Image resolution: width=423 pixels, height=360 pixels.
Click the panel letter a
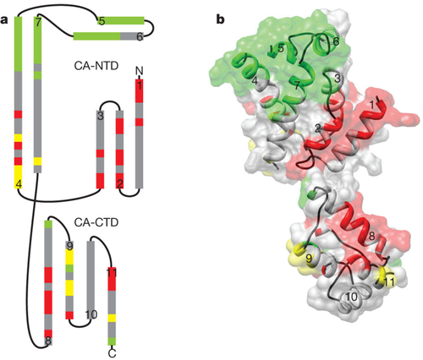pos(4,20)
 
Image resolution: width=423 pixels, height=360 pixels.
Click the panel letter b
pos(221,19)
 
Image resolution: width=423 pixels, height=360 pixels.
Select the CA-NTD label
pos(96,66)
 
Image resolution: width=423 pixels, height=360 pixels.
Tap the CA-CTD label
pos(96,223)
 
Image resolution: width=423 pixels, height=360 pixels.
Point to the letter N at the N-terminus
pos(139,71)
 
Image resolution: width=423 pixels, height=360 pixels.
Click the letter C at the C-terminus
pos(113,353)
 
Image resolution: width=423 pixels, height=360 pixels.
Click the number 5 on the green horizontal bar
pos(102,21)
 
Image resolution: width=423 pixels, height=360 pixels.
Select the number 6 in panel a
pos(140,36)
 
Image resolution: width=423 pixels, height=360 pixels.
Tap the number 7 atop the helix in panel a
pos(38,23)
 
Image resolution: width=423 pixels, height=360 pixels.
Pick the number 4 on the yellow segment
pos(19,184)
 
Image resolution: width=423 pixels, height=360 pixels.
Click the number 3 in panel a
pos(101,116)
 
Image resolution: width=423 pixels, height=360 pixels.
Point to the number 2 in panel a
pos(120,184)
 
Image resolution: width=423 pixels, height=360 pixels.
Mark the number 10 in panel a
pos(91,314)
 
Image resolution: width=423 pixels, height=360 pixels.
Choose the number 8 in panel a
pos(48,341)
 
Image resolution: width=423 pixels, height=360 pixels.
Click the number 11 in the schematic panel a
pos(112,272)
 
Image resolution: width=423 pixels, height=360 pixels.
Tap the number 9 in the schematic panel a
pos(70,246)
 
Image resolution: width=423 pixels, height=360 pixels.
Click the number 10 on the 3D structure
pos(351,297)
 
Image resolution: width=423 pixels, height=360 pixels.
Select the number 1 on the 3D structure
pos(372,105)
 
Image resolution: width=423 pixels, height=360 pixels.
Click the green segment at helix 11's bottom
pos(113,341)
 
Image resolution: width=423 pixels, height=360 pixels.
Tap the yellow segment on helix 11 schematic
pos(113,318)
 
